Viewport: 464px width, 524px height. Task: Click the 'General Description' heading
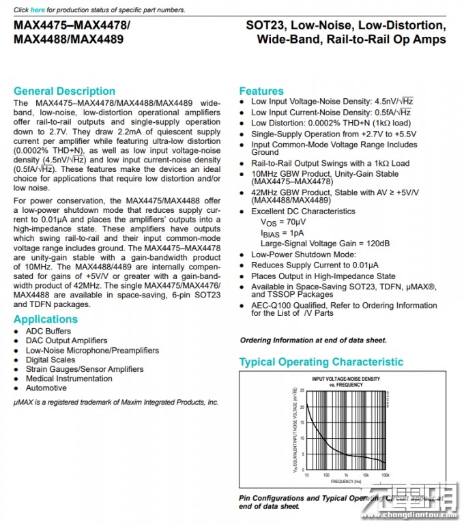click(x=64, y=91)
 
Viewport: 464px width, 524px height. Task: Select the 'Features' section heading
click(x=261, y=91)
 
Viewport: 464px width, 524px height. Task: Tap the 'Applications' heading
click(x=46, y=319)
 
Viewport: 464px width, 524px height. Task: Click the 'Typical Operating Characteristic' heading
click(x=321, y=362)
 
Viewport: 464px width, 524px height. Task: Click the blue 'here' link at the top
click(x=37, y=10)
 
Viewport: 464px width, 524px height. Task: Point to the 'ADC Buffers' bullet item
click(x=48, y=331)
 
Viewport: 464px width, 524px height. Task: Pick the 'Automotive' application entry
click(x=46, y=388)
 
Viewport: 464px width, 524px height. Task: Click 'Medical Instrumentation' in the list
click(x=69, y=379)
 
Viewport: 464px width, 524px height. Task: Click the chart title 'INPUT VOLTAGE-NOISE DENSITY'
click(x=346, y=379)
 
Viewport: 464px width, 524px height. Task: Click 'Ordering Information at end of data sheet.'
click(x=313, y=340)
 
